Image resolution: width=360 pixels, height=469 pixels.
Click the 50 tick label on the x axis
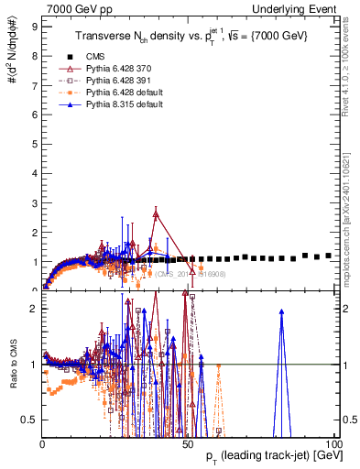187,443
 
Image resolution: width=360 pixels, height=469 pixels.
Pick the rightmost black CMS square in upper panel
329,256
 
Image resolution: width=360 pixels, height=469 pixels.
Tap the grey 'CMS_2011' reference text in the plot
187,273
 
